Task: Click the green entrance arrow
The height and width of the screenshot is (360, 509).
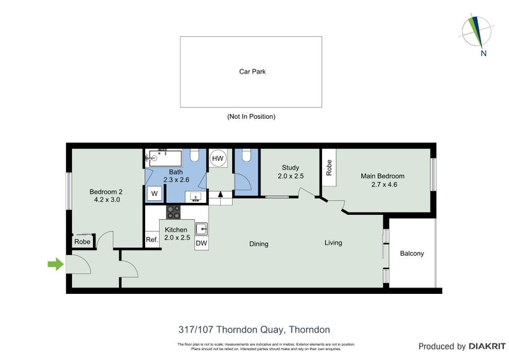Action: tap(56, 264)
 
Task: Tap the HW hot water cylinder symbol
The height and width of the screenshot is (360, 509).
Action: tap(218, 158)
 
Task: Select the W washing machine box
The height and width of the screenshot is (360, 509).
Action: tap(153, 194)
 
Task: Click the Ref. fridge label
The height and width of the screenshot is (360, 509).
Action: tap(151, 240)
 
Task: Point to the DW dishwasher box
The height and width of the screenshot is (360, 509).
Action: tap(201, 243)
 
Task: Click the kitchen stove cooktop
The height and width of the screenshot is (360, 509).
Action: tap(174, 212)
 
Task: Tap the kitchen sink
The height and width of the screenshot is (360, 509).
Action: tap(202, 228)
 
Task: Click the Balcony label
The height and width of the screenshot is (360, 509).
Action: tap(412, 254)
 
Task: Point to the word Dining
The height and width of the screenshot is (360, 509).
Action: tap(258, 244)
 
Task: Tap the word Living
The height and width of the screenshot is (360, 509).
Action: tap(333, 242)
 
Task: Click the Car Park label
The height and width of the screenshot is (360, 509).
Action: tap(252, 72)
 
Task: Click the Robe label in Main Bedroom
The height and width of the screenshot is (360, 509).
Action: tap(329, 167)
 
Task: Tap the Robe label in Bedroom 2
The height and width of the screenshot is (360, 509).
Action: tap(82, 242)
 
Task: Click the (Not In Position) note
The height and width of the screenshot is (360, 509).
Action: tap(251, 117)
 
